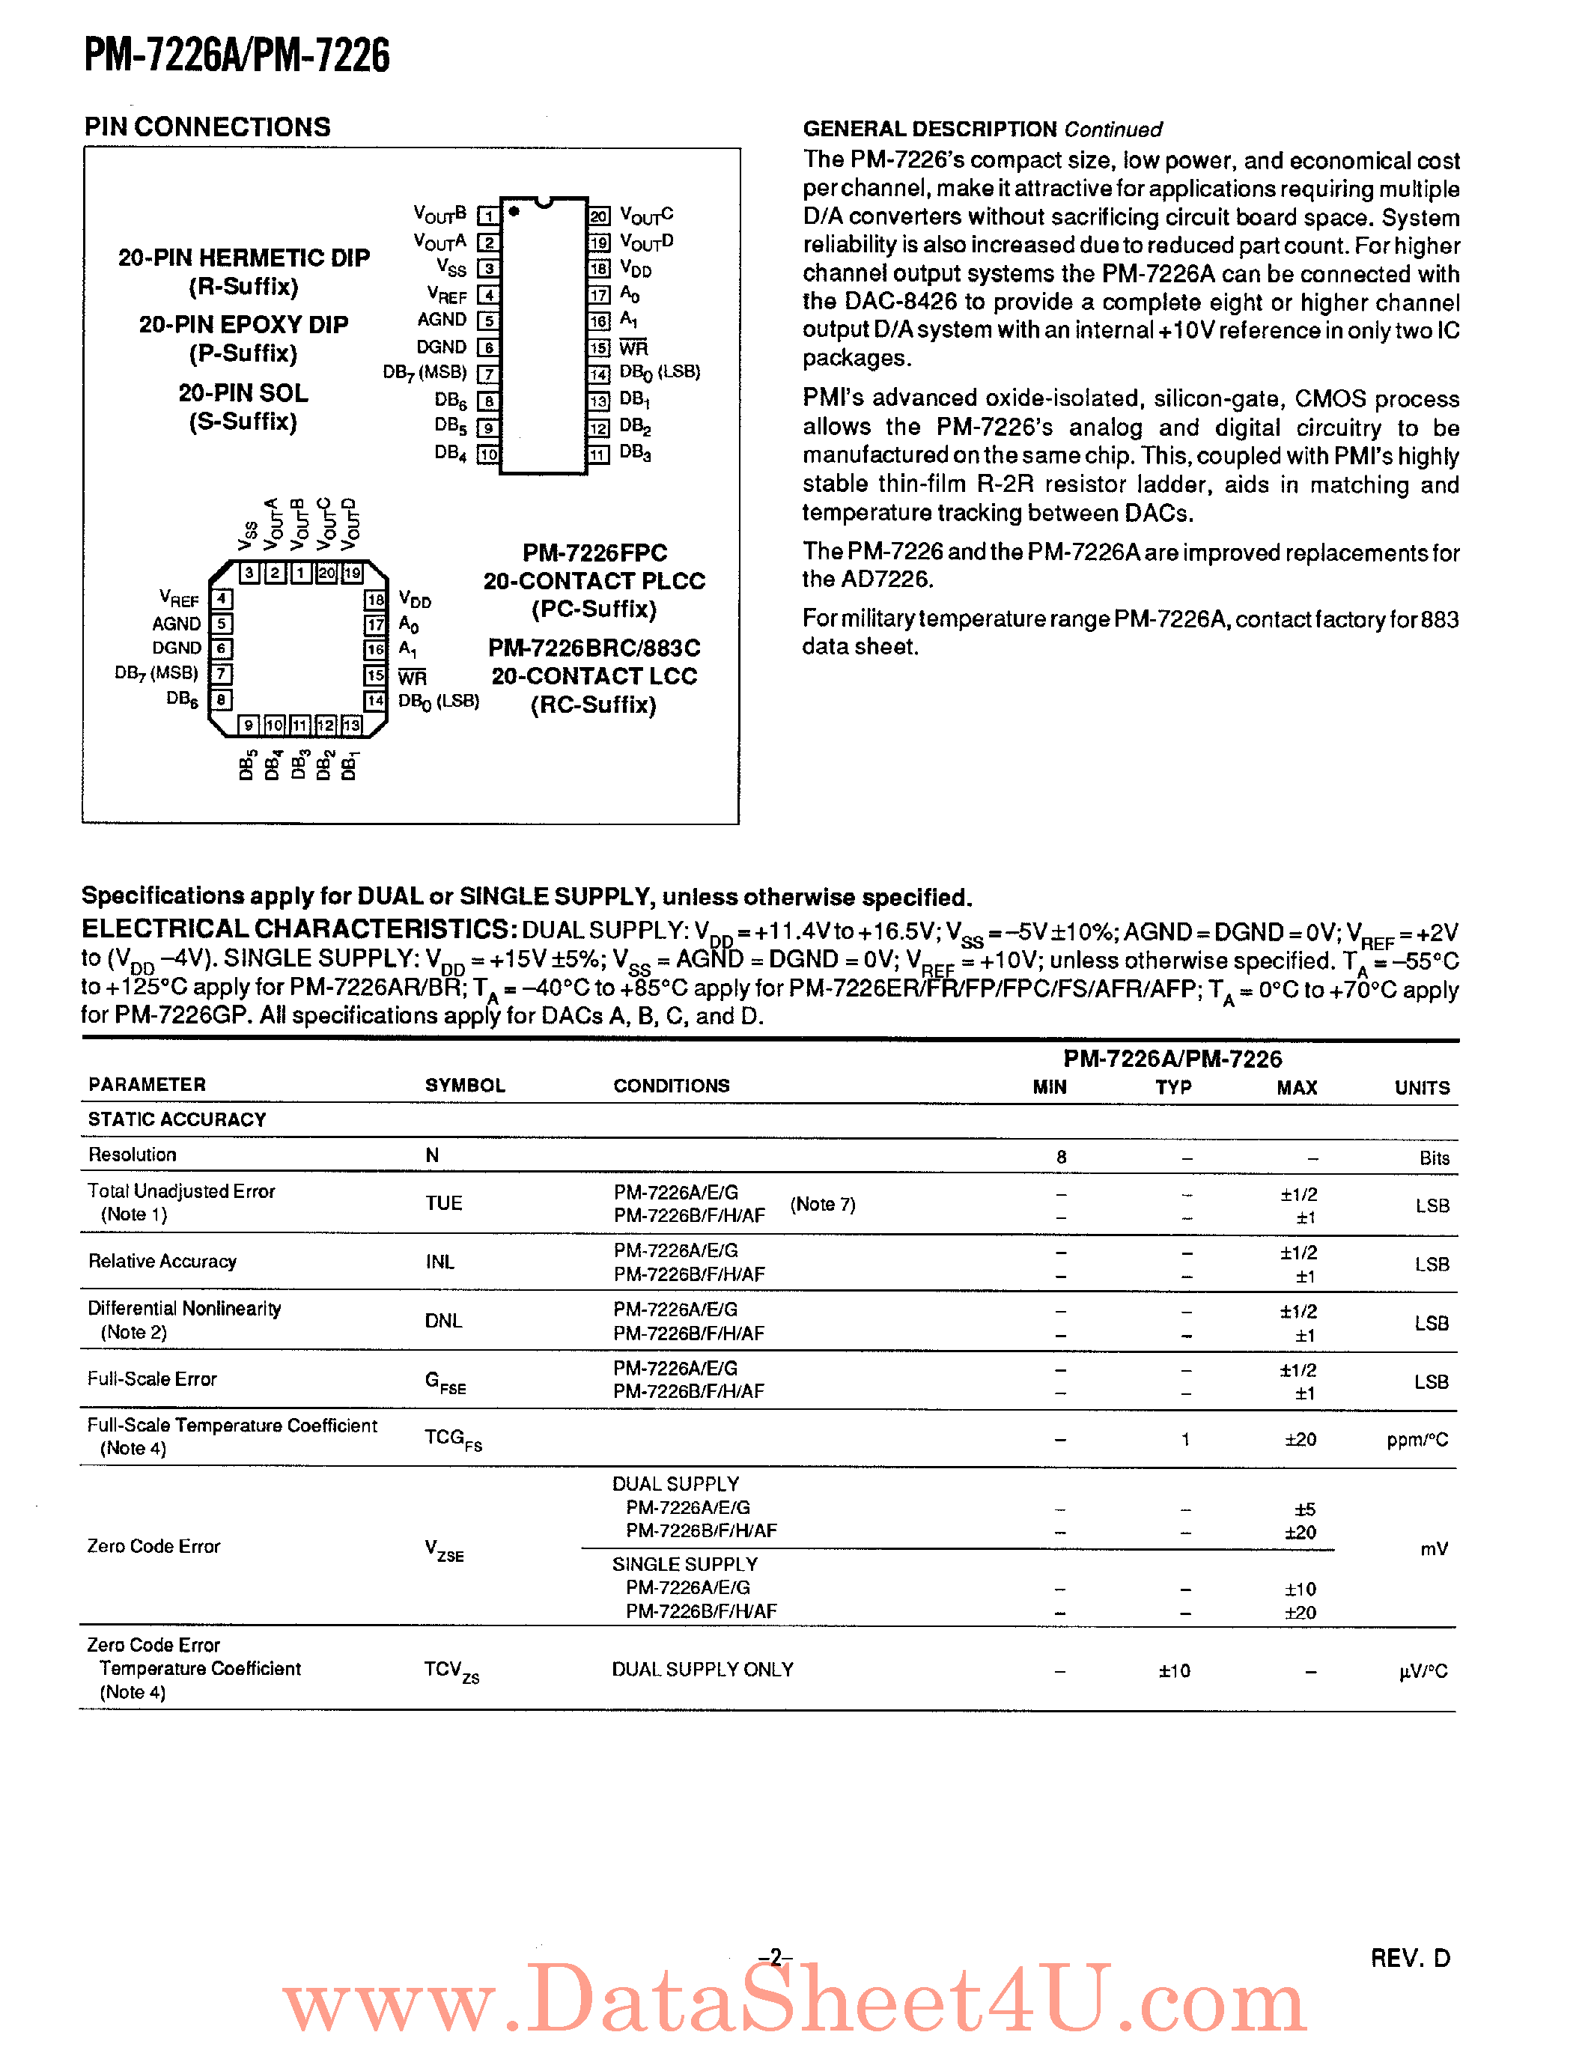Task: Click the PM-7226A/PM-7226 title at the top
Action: pos(237,55)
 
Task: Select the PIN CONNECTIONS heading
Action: pos(207,127)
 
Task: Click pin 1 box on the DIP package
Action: pos(488,216)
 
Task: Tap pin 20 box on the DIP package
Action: pos(598,216)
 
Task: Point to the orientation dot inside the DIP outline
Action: pos(514,211)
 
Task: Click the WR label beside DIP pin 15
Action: pos(633,348)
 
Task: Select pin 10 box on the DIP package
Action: pos(488,454)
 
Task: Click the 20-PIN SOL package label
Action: pos(243,393)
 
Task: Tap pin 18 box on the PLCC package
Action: pos(375,600)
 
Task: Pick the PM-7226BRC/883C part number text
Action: pos(594,648)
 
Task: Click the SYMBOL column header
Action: pos(465,1085)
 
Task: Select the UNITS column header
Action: pos(1421,1088)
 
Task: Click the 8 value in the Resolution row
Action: pos(1062,1157)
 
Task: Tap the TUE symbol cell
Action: pos(443,1204)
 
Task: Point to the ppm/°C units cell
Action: pos(1417,1441)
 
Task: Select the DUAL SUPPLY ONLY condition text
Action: pos(702,1670)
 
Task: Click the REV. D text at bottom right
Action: pos(1409,1958)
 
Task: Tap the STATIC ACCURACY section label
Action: pos(177,1120)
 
